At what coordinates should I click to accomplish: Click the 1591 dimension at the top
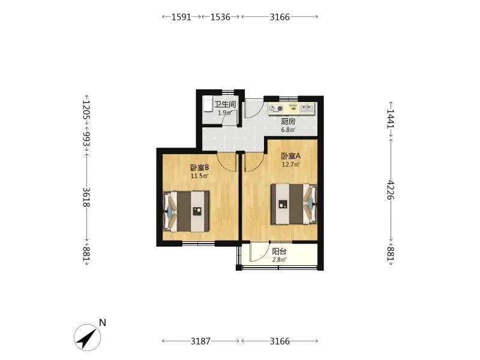coord(181,17)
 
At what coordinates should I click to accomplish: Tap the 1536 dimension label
coord(220,17)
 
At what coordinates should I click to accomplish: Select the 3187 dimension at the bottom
coord(200,341)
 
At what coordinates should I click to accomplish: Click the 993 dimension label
coord(86,139)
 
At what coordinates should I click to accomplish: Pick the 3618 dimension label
coord(86,197)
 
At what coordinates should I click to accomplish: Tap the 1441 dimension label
coord(391,119)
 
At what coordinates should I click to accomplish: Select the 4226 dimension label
coord(391,190)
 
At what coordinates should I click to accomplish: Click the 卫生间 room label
coord(226,104)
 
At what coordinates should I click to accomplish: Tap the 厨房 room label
coord(289,122)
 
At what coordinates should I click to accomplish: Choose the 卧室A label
coord(291,156)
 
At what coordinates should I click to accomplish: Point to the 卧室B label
coord(200,168)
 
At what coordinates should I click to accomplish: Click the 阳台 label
coord(279,251)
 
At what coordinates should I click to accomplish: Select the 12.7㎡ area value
coord(291,164)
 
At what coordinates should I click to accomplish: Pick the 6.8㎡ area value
coord(289,130)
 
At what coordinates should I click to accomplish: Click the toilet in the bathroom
coord(208,104)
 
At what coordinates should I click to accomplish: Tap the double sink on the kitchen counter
coord(307,108)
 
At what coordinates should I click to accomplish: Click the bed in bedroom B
coord(187,212)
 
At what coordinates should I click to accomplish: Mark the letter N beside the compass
coord(103,323)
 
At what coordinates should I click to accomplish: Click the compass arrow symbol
coord(88,338)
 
